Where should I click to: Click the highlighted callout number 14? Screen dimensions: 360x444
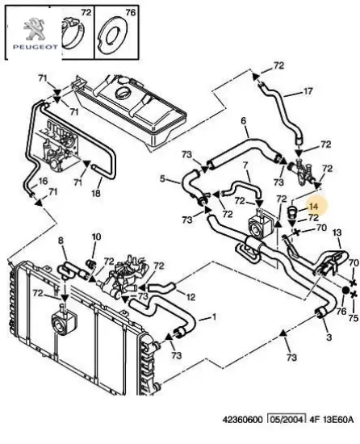pyautogui.click(x=314, y=207)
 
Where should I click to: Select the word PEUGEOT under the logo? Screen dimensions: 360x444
pyautogui.click(x=35, y=47)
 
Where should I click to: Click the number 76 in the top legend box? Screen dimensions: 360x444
pyautogui.click(x=131, y=13)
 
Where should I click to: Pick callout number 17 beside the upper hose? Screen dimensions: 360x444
pyautogui.click(x=308, y=91)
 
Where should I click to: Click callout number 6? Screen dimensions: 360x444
pyautogui.click(x=244, y=121)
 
